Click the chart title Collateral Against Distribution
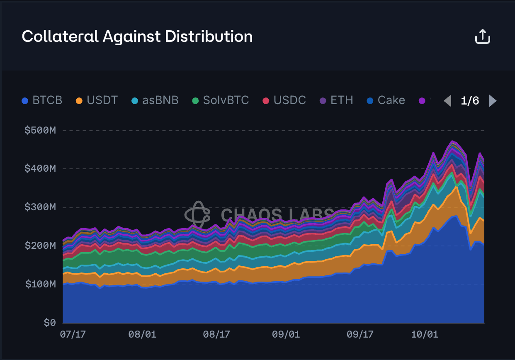click(x=137, y=36)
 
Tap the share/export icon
click(x=482, y=37)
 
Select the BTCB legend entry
click(x=42, y=100)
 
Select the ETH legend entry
click(x=336, y=100)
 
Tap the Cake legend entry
click(x=386, y=100)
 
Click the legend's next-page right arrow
click(x=493, y=101)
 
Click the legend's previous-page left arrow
click(x=447, y=101)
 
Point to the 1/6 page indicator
click(x=470, y=101)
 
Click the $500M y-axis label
click(x=40, y=130)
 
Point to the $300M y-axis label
click(x=40, y=207)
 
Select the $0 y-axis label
click(x=49, y=323)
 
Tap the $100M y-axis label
click(x=40, y=284)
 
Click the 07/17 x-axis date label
click(x=73, y=334)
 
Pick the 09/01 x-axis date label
click(x=286, y=334)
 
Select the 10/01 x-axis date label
click(x=424, y=334)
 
